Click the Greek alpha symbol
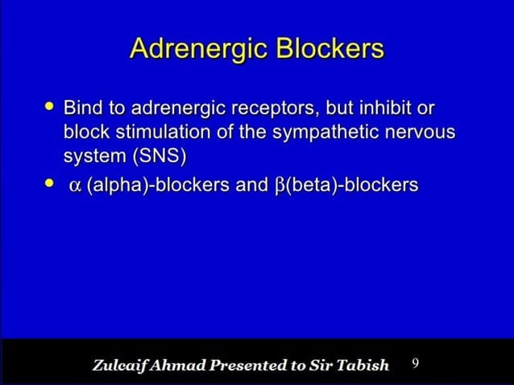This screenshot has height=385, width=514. [x=75, y=186]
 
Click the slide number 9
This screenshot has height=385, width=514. [x=415, y=363]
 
